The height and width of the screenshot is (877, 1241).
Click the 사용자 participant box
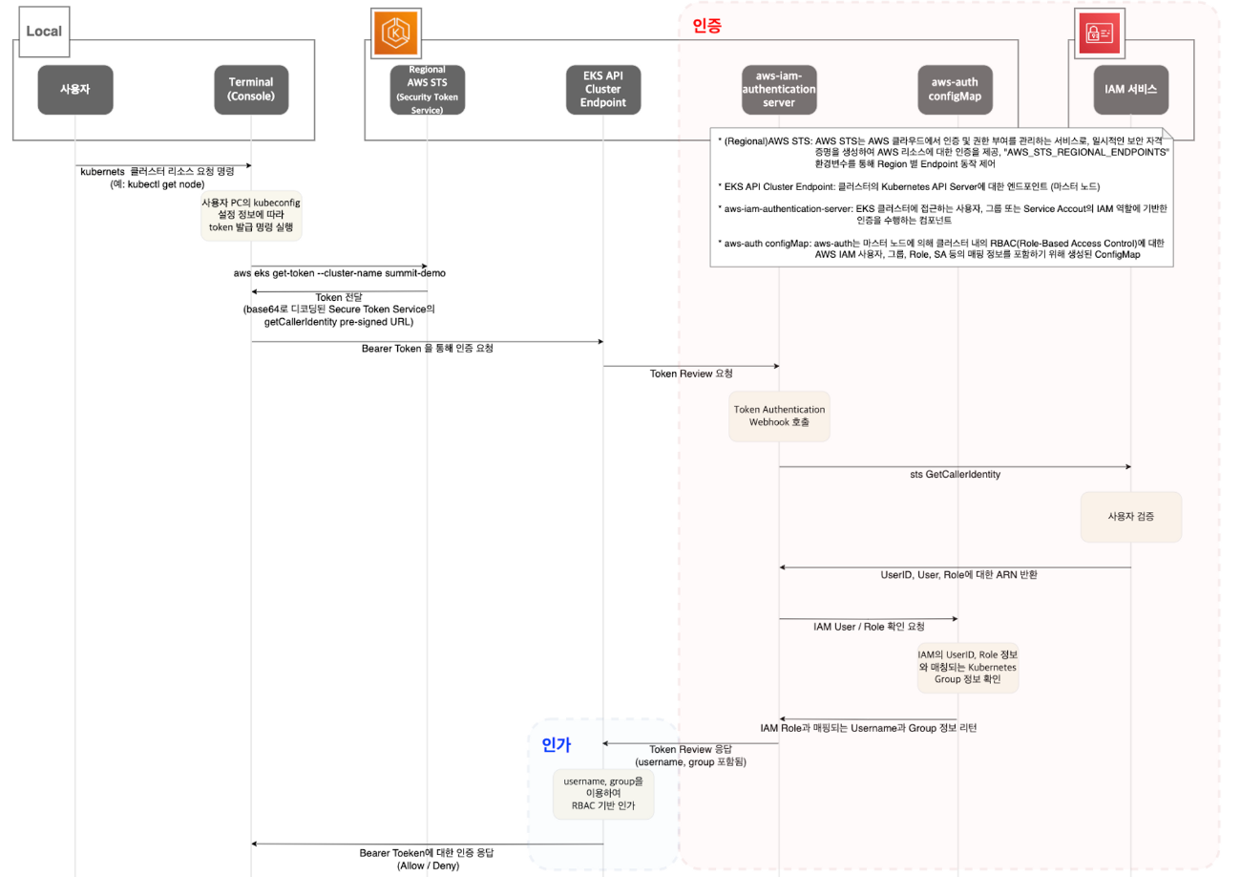coord(74,90)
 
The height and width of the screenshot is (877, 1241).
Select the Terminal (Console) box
coord(251,90)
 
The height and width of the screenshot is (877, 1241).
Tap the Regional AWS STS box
coord(428,90)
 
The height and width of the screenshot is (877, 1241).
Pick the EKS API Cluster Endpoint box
coord(603,90)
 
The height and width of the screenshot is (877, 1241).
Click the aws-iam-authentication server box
coord(779,90)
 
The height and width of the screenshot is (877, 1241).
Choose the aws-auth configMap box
coord(956,90)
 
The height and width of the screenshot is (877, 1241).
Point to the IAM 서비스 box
coord(1131,90)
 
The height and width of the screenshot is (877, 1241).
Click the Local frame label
coord(44,31)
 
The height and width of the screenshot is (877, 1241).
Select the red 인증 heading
coord(705,26)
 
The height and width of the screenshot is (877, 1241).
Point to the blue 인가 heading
coord(556,744)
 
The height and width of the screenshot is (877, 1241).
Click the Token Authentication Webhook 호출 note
coord(779,416)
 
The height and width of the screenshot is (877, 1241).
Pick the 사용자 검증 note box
coord(1131,516)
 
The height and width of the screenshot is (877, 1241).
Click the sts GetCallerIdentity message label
coord(955,475)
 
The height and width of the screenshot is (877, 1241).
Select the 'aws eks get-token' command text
coord(339,273)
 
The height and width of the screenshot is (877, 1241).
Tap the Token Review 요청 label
coord(690,374)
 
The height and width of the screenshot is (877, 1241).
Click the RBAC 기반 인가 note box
coord(603,795)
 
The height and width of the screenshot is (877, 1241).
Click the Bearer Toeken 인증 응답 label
coord(428,857)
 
